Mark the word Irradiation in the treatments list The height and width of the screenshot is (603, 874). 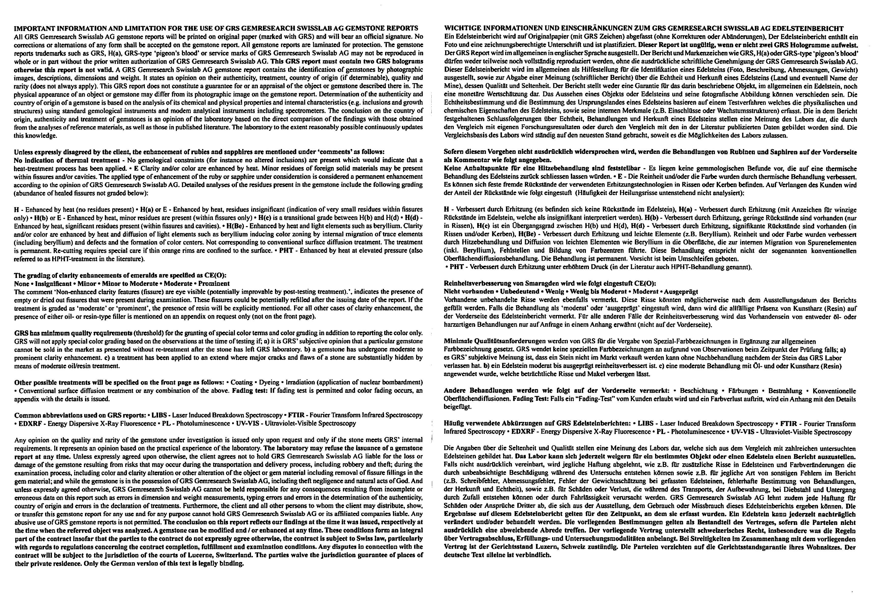click(x=302, y=382)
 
